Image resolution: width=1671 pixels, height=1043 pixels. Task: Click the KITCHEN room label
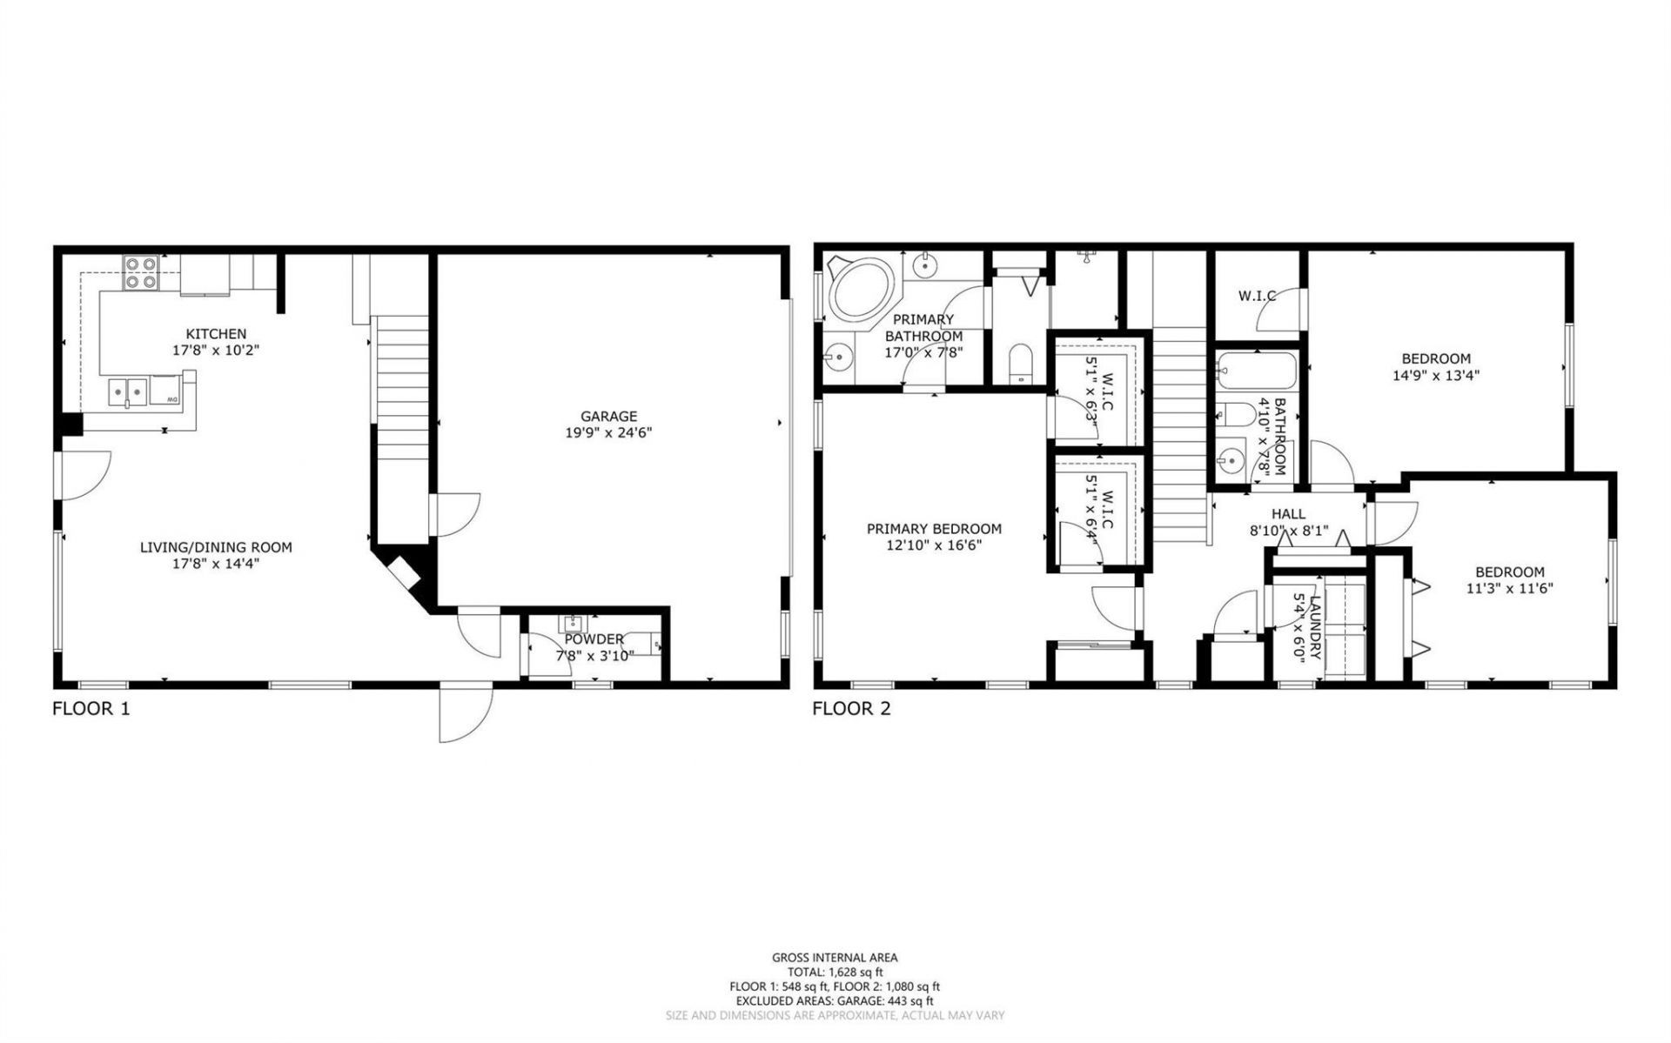[216, 334]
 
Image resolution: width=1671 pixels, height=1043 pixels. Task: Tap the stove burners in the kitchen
[141, 273]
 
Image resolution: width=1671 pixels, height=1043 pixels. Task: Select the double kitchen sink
[127, 393]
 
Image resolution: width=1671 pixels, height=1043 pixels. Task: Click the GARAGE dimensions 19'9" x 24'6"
[609, 432]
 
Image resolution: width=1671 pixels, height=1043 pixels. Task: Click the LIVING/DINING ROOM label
[216, 547]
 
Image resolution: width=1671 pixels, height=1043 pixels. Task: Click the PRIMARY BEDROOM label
[934, 528]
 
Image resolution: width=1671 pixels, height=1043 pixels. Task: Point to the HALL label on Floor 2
[1288, 514]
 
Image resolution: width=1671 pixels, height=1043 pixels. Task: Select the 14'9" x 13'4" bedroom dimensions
[1436, 376]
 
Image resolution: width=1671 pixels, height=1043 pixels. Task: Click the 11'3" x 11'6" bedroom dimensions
[1509, 588]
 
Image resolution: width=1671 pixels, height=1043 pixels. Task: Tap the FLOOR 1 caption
[91, 708]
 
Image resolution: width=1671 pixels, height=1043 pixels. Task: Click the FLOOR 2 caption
[851, 708]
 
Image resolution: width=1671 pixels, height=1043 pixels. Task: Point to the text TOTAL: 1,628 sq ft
[835, 972]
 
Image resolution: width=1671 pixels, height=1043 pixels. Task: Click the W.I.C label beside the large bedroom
[1257, 296]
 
